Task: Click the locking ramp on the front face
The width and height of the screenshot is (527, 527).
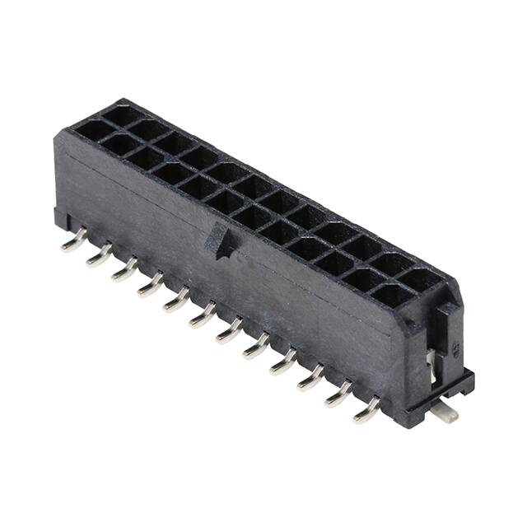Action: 220,241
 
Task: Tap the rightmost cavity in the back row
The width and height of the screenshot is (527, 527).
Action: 420,279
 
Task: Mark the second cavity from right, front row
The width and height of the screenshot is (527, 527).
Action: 363,279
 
